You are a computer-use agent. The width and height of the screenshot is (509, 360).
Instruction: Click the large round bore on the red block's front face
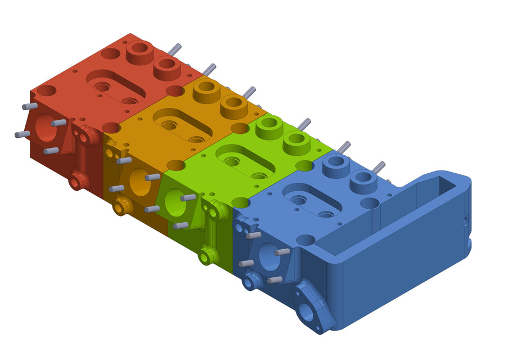pos(42,128)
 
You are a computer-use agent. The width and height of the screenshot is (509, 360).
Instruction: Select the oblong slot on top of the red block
pos(115,85)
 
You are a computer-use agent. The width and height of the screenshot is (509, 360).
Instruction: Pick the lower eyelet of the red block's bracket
pos(76,181)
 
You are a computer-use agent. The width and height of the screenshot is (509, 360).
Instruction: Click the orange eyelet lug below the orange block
pos(120,208)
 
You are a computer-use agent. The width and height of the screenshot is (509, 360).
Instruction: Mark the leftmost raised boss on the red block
pos(137,52)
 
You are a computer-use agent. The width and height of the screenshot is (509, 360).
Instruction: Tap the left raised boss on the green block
pos(268,128)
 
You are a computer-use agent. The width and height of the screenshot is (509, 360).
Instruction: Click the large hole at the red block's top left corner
pos(47,90)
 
